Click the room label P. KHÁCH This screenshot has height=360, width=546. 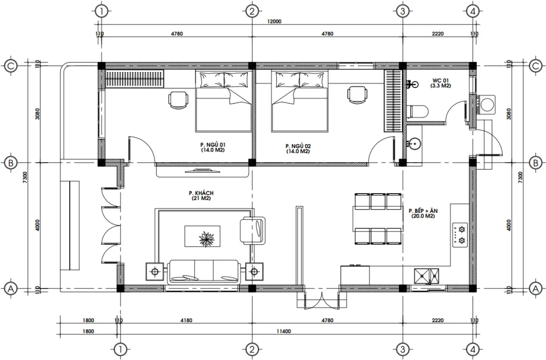(197, 195)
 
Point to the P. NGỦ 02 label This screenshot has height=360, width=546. (298, 148)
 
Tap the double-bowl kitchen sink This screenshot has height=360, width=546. (427, 276)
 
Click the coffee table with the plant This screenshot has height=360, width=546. (203, 236)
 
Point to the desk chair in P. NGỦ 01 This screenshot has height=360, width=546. (179, 99)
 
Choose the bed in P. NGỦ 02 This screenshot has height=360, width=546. (299, 102)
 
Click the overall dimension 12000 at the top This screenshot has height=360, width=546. (275, 22)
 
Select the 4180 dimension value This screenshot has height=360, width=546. (186, 321)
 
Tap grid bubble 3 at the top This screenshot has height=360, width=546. (403, 11)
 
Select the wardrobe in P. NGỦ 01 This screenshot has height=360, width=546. (134, 79)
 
